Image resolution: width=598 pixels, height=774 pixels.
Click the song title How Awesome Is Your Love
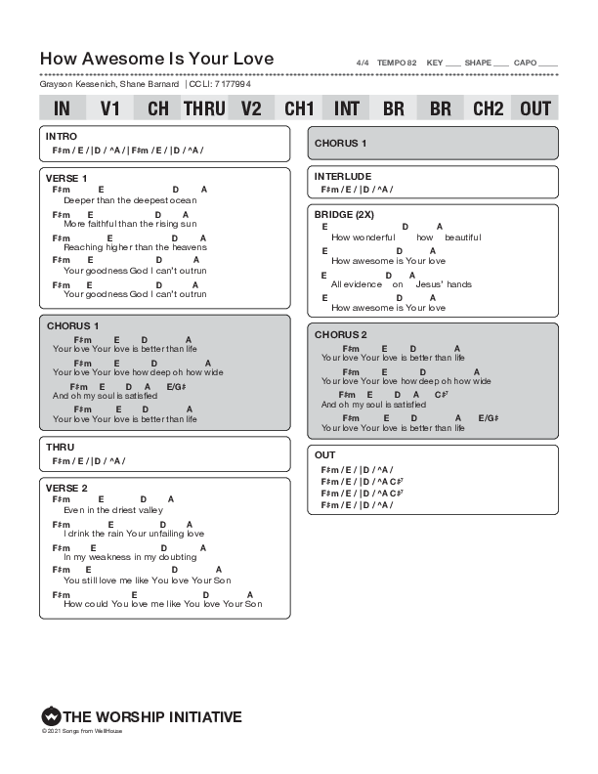coord(157,59)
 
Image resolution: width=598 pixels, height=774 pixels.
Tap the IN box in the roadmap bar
coord(62,108)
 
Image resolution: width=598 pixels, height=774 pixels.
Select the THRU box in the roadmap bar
coord(204,108)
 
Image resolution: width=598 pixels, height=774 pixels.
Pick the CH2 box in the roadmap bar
coord(488,108)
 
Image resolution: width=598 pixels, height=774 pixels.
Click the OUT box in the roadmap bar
coord(535,108)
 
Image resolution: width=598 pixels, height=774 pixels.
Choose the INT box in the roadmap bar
coord(346,108)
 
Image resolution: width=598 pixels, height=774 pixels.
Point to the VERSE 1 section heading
coord(66,178)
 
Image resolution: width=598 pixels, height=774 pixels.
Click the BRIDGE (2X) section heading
coord(344,214)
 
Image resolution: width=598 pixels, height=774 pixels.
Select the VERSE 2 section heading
coord(66,488)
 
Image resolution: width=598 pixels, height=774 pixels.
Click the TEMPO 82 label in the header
coord(397,63)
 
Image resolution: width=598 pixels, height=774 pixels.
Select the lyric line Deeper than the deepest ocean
coord(130,200)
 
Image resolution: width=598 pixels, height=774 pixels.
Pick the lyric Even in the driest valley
coord(113,510)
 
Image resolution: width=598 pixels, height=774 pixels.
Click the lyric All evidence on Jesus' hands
coord(402,284)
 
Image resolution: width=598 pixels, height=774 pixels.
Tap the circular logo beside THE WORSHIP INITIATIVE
coord(51,716)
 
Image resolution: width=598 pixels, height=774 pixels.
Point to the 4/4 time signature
coord(363,63)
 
